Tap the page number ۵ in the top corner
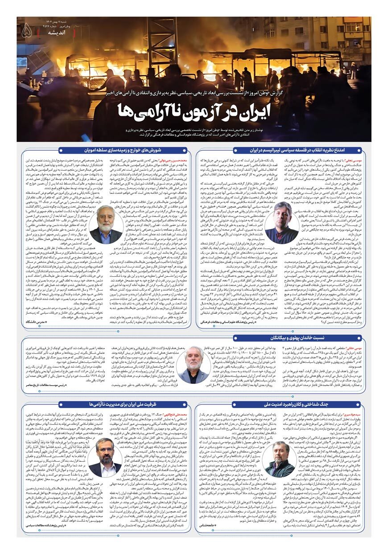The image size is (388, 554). [x=26, y=30]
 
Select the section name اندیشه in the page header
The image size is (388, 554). [x=44, y=33]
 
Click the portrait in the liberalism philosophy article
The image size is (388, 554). [x=282, y=223]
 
